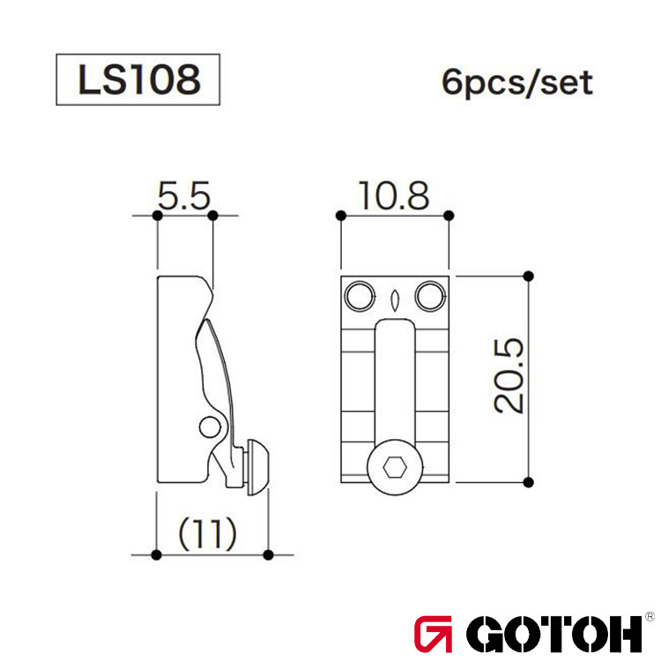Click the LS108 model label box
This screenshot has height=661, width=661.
[137, 80]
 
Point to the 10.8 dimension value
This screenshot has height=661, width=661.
[394, 197]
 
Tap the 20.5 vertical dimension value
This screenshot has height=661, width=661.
[509, 375]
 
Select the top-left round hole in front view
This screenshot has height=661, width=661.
[360, 296]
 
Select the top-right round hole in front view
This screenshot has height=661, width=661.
[429, 296]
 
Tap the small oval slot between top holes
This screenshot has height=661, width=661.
[394, 297]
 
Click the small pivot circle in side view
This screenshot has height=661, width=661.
[208, 427]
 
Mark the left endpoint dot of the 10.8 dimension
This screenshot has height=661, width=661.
[340, 214]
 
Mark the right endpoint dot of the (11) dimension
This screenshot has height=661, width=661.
[268, 554]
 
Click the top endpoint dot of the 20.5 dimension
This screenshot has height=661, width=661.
[528, 275]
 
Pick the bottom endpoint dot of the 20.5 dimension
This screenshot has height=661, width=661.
[528, 481]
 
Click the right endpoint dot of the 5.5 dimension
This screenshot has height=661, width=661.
[212, 214]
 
